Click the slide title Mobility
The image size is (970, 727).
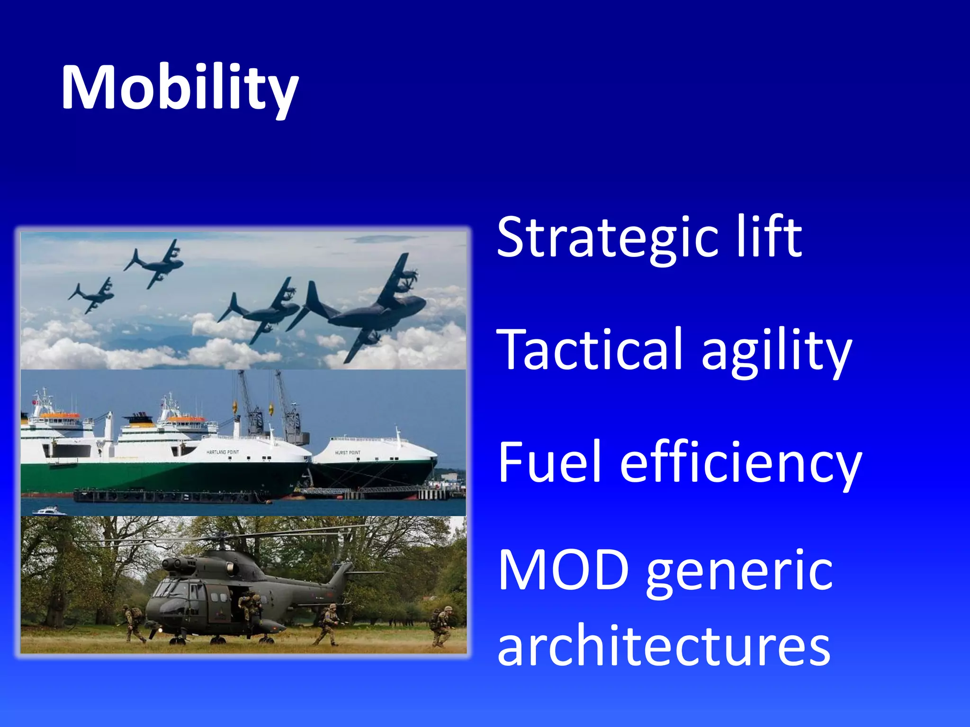(180, 88)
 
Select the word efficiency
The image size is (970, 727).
(741, 464)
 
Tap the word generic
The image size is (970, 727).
(739, 574)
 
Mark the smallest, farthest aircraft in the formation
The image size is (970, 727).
(92, 296)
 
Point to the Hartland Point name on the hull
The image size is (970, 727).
(223, 452)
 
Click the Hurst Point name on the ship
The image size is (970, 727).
(348, 452)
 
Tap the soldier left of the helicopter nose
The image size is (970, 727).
(134, 624)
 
